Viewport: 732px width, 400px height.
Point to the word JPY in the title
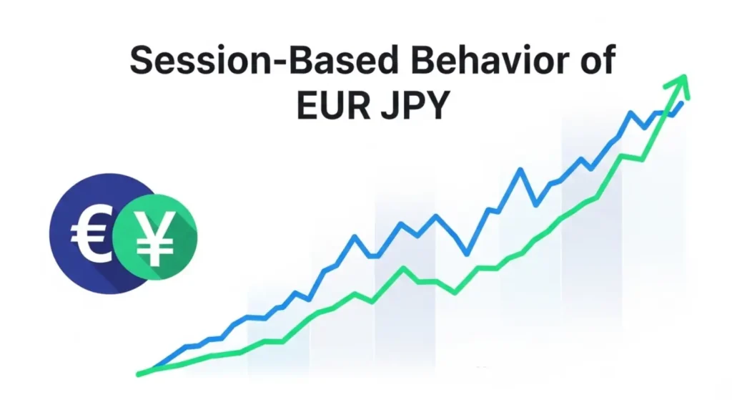(x=414, y=105)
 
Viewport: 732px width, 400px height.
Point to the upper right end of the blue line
(x=681, y=104)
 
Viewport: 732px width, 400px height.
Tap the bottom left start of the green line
(x=140, y=373)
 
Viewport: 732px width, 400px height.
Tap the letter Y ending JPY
(x=438, y=105)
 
